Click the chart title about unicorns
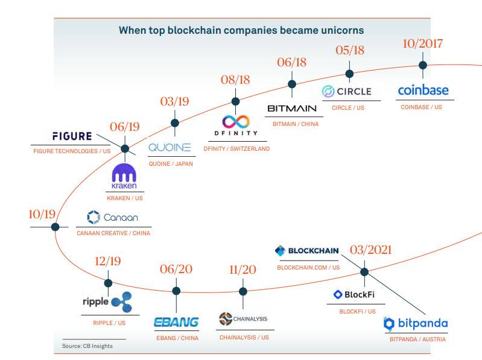tap(241, 30)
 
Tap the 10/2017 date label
tap(422, 43)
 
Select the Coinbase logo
tap(423, 90)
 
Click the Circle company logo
tap(347, 92)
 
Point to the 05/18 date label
tap(350, 50)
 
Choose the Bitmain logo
tap(291, 109)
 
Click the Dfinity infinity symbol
tap(235, 121)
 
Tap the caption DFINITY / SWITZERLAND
tap(236, 148)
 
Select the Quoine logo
tap(170, 147)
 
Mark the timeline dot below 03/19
tap(175, 123)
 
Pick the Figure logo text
tap(72, 136)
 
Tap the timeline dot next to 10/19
tap(55, 227)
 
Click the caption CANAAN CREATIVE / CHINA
tap(113, 233)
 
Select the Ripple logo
tap(107, 301)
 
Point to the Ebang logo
tap(176, 322)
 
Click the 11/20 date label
tap(243, 269)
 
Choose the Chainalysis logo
tap(243, 319)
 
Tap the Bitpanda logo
tap(416, 324)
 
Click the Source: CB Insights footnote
tap(87, 346)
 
